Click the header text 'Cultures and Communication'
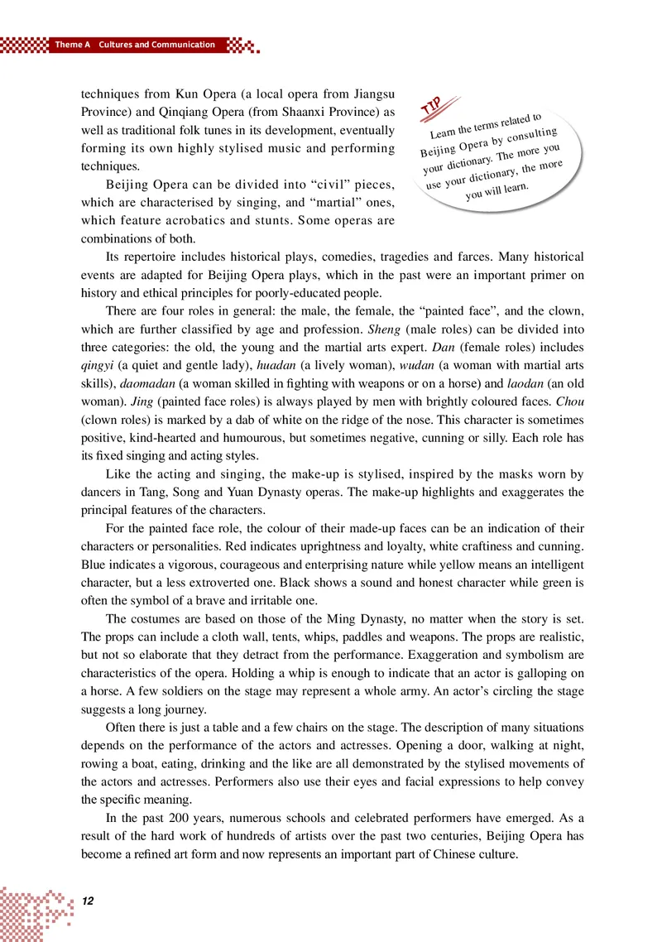(x=157, y=45)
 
